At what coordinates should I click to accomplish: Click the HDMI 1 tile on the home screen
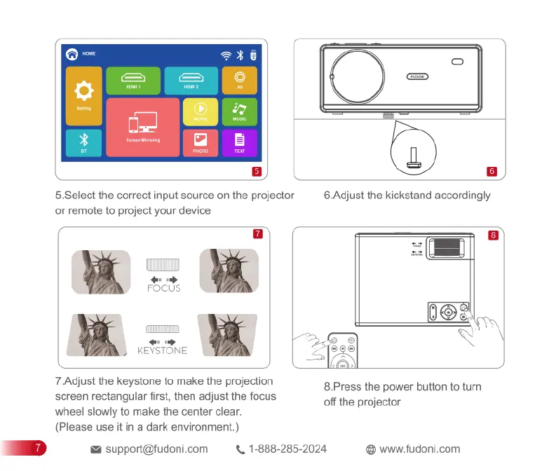coord(133,81)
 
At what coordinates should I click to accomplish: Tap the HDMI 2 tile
coord(191,81)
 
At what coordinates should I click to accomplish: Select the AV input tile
coord(240,81)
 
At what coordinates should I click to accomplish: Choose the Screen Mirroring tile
coord(143,127)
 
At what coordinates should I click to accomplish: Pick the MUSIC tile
coord(240,112)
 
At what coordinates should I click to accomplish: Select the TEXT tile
coord(240,143)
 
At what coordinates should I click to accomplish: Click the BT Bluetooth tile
coord(84,143)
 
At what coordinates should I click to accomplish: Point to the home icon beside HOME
coord(72,55)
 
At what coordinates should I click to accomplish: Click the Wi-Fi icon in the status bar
coord(226,55)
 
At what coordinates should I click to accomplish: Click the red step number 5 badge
coord(257,171)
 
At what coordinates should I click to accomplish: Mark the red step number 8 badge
coord(493,236)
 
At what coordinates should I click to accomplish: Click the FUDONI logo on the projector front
coord(418,76)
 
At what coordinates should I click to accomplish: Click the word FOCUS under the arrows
coord(163,288)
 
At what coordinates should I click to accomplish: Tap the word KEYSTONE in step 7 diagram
coord(163,350)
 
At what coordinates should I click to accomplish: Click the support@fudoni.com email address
coord(156,449)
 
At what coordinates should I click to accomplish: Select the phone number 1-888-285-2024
coord(287,449)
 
